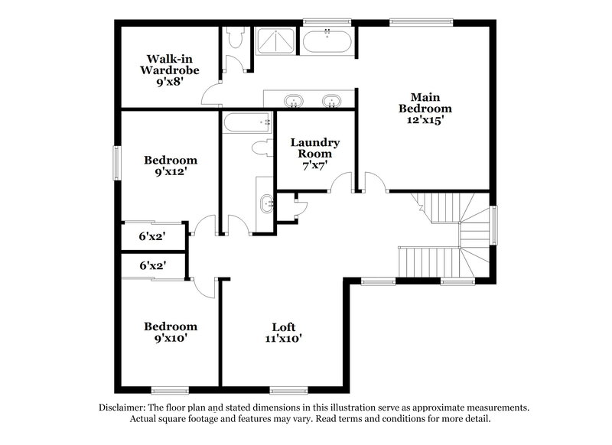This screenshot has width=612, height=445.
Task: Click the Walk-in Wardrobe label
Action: click(169, 64)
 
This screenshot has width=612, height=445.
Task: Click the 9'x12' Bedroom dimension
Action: click(171, 172)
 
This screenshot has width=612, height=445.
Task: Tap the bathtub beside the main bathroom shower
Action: click(327, 41)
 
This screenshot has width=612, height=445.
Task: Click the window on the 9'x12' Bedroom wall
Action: click(117, 163)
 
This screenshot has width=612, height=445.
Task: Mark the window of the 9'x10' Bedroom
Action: click(169, 391)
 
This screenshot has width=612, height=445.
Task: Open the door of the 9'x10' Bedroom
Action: click(203, 287)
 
